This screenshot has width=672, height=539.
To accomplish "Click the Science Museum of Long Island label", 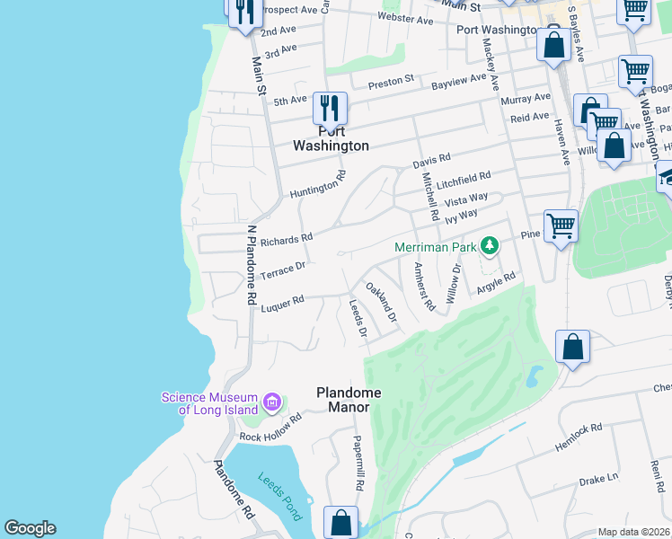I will tap(208, 404).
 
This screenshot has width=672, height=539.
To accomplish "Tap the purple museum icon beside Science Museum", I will tap(274, 401).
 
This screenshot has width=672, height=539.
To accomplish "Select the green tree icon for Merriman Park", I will tap(490, 244).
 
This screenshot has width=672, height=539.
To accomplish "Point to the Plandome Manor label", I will tap(349, 400).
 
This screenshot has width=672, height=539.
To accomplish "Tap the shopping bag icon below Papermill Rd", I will tap(340, 521).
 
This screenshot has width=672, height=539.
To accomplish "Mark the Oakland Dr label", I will tap(381, 302).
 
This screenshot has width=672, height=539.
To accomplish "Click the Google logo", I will tap(30, 528).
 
